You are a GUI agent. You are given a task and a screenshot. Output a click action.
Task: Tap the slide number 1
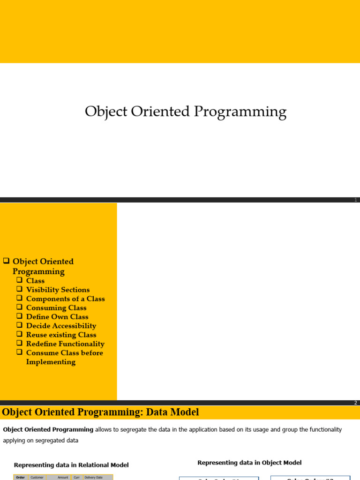[x=356, y=200]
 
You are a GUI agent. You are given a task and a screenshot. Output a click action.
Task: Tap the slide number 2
[x=356, y=403]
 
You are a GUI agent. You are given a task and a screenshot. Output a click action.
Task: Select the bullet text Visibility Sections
[x=58, y=290]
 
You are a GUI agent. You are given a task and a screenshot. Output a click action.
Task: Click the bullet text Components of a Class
[x=65, y=299]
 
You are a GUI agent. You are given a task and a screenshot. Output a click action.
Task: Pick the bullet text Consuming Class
[x=56, y=307]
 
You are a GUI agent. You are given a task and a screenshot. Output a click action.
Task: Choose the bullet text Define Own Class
[x=57, y=316]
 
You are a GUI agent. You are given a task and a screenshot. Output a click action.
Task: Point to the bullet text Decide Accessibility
[x=61, y=326]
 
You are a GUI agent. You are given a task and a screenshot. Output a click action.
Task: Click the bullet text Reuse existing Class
[x=61, y=335]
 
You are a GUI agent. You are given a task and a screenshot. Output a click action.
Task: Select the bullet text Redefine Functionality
[x=65, y=344]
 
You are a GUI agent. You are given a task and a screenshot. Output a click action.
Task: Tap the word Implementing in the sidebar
[x=51, y=362]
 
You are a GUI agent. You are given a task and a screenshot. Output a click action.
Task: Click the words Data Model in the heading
[x=175, y=412]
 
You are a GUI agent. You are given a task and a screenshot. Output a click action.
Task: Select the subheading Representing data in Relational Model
[x=71, y=465]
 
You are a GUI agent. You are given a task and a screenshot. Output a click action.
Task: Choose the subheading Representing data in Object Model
[x=249, y=463]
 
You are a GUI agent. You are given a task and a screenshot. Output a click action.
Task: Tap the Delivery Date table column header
[x=93, y=477]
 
